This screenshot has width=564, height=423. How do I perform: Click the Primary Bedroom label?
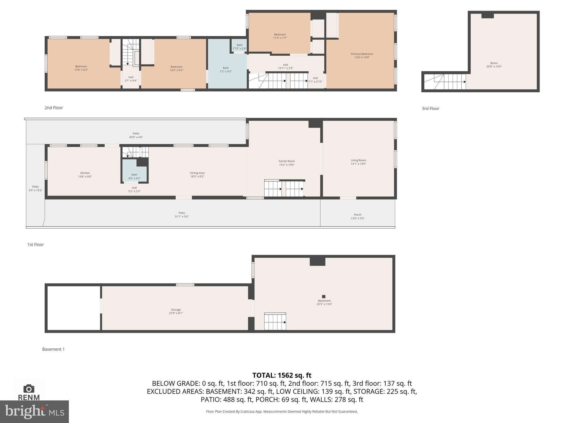click(x=362, y=54)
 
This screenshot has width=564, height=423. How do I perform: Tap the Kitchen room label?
click(x=85, y=173)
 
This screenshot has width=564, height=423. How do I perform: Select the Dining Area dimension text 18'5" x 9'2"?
click(x=197, y=177)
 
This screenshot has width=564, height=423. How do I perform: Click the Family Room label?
click(x=286, y=161)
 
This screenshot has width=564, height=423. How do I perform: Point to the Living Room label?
click(x=358, y=160)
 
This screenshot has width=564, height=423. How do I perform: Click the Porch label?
click(x=357, y=215)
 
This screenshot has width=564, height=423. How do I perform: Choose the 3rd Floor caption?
click(x=430, y=109)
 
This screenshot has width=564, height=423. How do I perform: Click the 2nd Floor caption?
click(x=54, y=108)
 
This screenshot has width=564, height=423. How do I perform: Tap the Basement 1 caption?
click(x=53, y=349)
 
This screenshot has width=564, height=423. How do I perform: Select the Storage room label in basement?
click(x=176, y=310)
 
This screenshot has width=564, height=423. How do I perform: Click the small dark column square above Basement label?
click(x=324, y=297)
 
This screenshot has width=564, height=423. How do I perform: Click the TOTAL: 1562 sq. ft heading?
click(x=282, y=375)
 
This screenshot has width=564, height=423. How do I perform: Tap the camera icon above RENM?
click(x=29, y=389)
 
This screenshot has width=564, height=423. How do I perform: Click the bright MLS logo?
click(x=34, y=411)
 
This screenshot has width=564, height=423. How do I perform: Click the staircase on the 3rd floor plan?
click(x=445, y=82)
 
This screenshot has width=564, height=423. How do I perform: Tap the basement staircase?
click(x=275, y=322)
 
